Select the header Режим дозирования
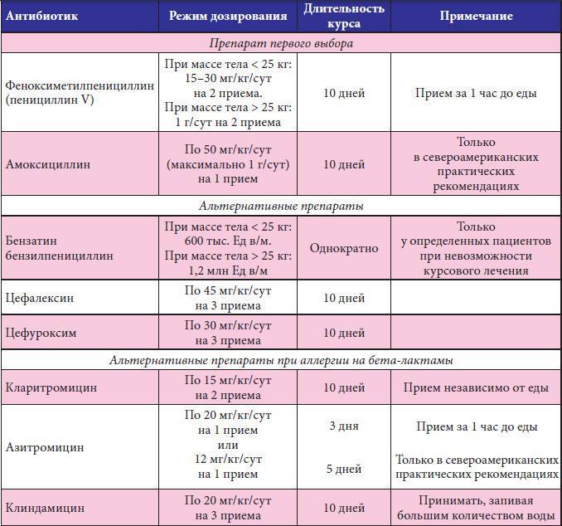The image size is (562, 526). [228, 16]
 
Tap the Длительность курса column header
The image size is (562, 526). [344, 16]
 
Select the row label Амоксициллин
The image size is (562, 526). [47, 164]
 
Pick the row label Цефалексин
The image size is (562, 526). [41, 297]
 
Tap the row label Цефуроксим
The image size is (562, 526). [41, 333]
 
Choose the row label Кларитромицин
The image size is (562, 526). [51, 387]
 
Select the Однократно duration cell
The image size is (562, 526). [344, 248]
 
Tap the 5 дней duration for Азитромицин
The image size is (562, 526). [343, 469]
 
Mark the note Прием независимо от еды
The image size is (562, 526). [475, 387]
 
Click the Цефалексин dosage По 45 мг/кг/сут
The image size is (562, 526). [228, 290]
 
